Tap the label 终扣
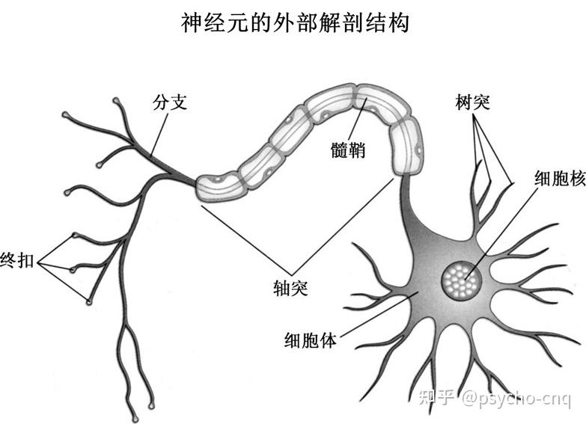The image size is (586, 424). [x=17, y=262]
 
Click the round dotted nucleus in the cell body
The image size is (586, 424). [x=463, y=280]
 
